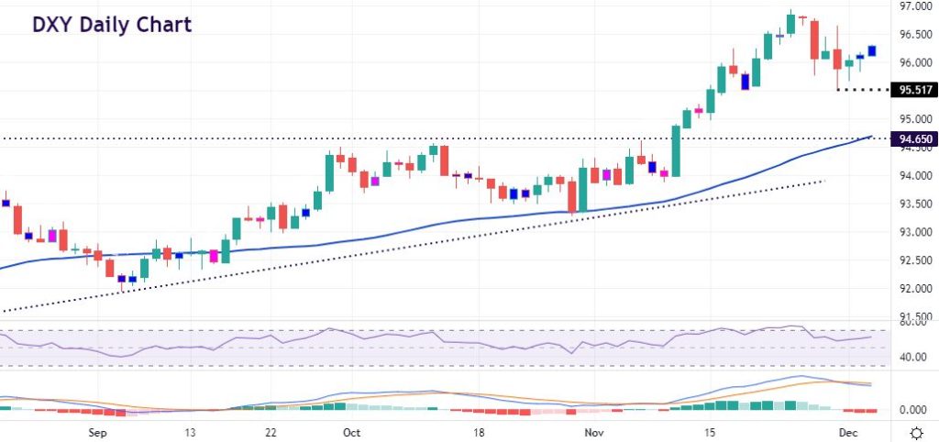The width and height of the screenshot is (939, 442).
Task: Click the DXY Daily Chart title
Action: click(x=112, y=25)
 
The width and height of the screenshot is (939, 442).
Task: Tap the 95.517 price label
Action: click(x=913, y=90)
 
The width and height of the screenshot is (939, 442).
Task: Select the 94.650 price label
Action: click(x=913, y=139)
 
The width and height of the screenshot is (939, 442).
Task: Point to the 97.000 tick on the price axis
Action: click(x=913, y=7)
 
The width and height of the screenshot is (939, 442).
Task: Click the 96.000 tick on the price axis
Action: click(x=913, y=63)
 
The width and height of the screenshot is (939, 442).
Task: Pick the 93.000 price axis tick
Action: click(x=913, y=233)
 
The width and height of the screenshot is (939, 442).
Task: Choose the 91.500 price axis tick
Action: click(x=913, y=316)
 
